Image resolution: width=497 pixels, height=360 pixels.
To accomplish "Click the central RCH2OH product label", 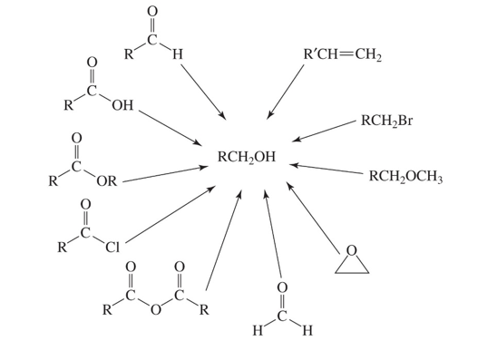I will pos(247,158).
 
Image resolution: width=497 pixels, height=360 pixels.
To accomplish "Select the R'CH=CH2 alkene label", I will pos(343,55).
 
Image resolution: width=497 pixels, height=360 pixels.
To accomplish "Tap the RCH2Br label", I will pos(386,120).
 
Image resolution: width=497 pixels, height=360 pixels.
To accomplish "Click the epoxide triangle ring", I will pos(352,260).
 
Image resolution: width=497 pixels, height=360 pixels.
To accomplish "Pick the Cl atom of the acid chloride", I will pos(112,246).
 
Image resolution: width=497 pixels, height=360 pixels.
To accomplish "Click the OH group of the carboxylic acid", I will pos(122,106).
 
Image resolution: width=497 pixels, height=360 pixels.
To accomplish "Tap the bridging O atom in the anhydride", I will pos(156,313).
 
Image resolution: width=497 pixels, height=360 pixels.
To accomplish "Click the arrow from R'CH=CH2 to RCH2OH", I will pos(286,92).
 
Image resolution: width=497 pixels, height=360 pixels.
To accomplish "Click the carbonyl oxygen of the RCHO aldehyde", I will pos(151,13).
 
